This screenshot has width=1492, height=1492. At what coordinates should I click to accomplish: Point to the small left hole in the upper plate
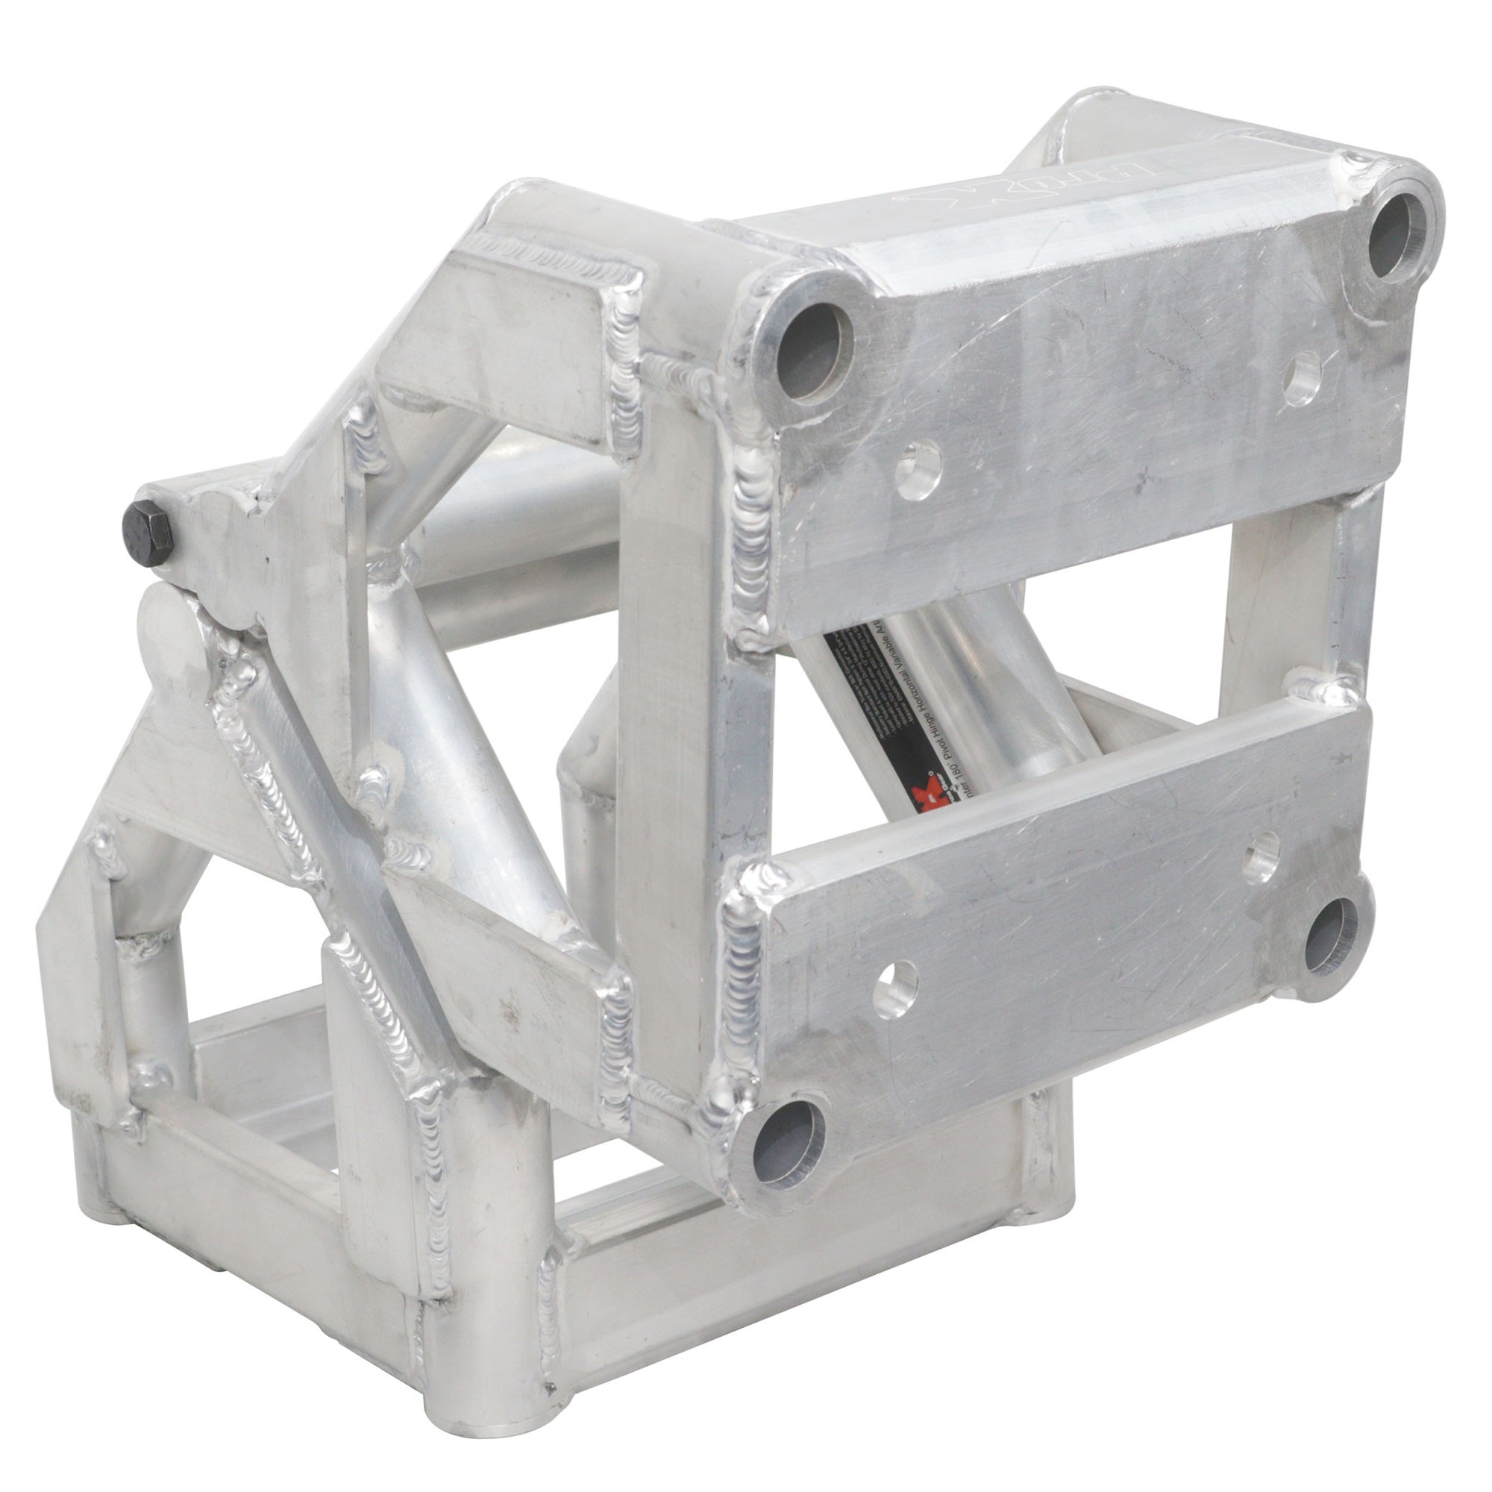point(921,469)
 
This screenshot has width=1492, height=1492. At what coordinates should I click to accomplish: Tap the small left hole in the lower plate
point(897,988)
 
